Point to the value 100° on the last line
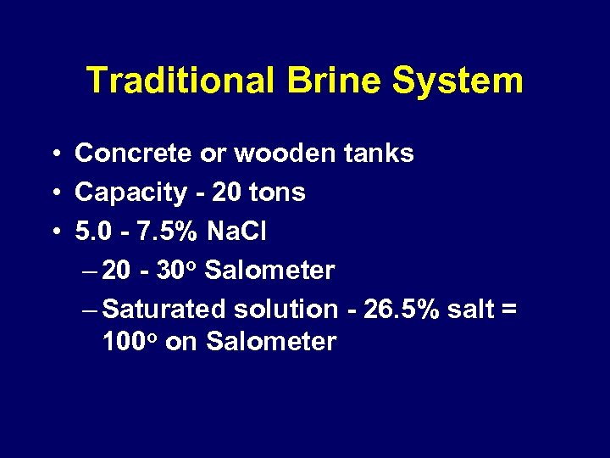pos(130,342)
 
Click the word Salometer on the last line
pos(271,342)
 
